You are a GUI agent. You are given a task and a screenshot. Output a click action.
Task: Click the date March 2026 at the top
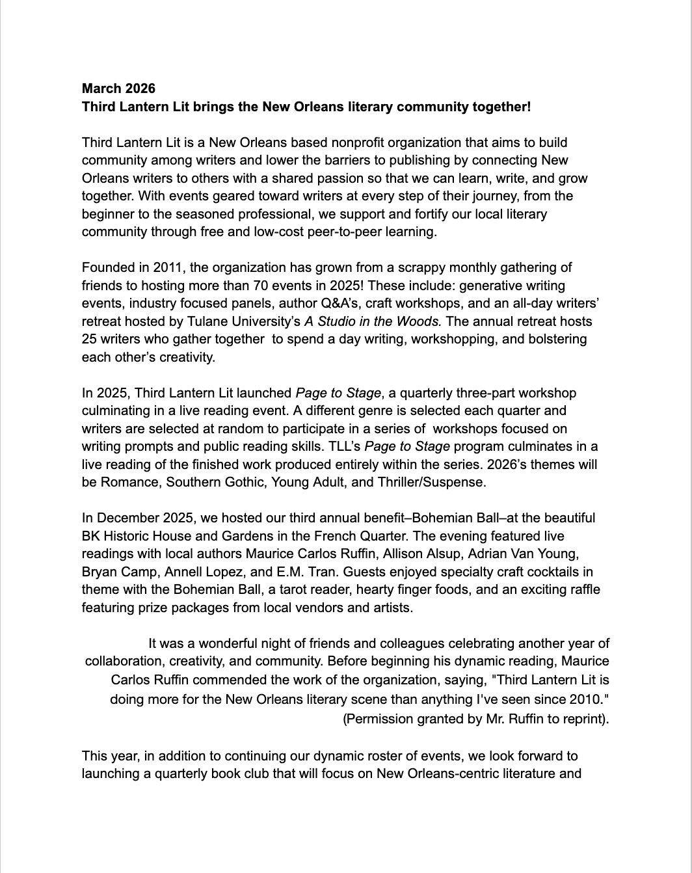coord(118,88)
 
